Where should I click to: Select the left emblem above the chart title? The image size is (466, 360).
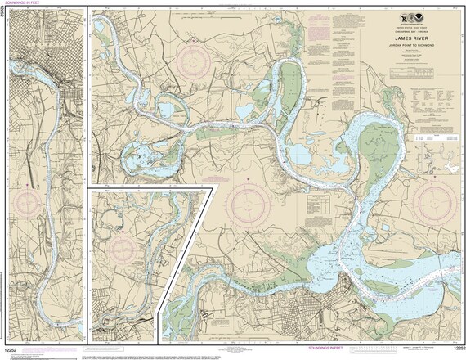pyautogui.click(x=406, y=20)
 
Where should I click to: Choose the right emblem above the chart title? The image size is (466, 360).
pyautogui.click(x=420, y=20)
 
